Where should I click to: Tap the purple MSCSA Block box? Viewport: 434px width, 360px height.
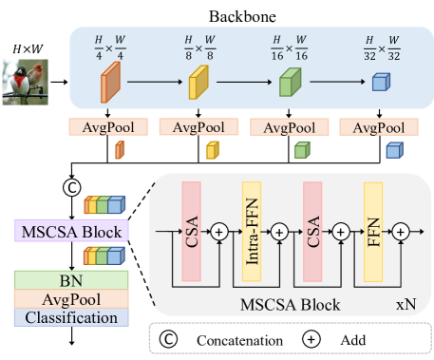[72, 232]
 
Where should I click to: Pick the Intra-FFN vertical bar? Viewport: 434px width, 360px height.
[251, 231]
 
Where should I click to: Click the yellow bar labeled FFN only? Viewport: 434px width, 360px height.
[372, 231]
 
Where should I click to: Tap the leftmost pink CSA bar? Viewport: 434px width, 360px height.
[192, 231]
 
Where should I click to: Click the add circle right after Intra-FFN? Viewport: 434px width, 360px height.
[280, 230]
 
